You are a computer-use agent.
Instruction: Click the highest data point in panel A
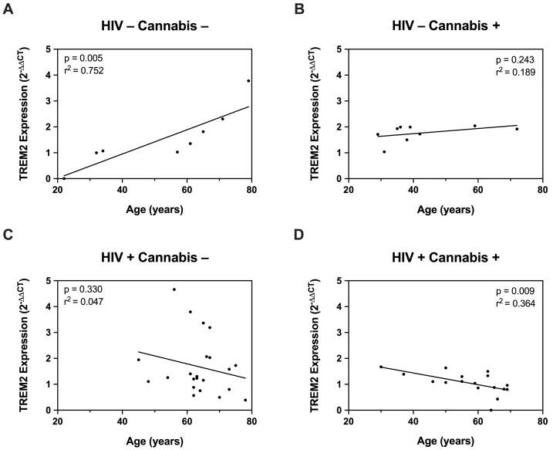point(248,81)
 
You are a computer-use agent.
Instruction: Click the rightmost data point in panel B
point(517,129)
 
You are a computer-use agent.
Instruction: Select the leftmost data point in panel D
point(381,367)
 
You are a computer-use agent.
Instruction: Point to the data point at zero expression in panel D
point(491,409)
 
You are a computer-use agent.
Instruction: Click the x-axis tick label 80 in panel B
point(542,189)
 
